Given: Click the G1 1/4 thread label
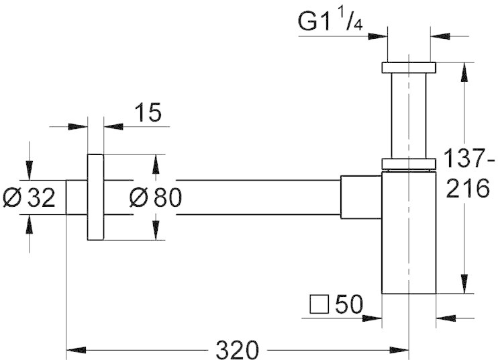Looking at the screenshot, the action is (x=330, y=21).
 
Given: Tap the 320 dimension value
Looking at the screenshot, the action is (x=237, y=350).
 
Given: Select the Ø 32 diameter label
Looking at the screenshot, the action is (x=29, y=197).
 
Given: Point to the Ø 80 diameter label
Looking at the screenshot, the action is (x=156, y=197).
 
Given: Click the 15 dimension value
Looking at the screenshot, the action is (x=148, y=112).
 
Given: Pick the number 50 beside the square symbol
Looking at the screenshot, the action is (x=349, y=304).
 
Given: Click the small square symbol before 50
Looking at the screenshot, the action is (x=319, y=304).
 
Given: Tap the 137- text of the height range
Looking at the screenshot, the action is (x=469, y=159).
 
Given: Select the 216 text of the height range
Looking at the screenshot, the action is (x=468, y=188).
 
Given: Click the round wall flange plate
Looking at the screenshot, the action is (x=95, y=197).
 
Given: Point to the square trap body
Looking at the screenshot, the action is (x=409, y=232).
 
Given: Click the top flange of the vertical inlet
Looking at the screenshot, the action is (x=409, y=68).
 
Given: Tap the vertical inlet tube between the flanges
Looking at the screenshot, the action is (x=409, y=116).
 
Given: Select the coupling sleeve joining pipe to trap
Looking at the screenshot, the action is (x=361, y=197).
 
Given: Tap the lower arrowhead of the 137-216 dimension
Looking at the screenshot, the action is (x=464, y=283).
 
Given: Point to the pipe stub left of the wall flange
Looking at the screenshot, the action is (x=77, y=197).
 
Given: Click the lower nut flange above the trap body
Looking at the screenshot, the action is (x=409, y=163).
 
